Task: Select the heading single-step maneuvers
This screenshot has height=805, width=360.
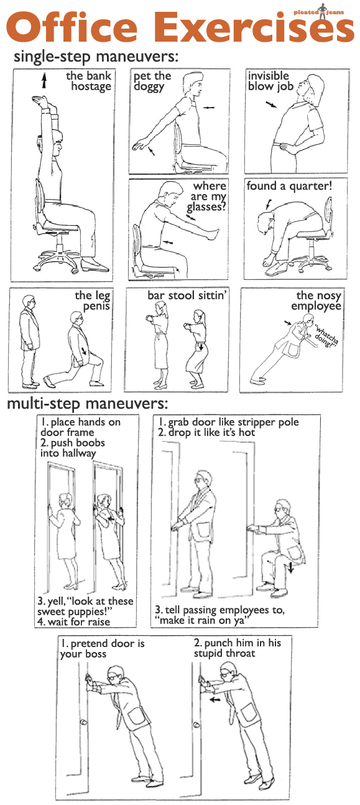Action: coord(96,57)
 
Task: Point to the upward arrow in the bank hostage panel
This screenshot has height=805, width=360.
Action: coord(44,78)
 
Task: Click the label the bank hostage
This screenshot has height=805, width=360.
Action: coord(90,81)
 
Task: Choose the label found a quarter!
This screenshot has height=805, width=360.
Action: coord(289,186)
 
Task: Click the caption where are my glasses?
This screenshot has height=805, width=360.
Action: coord(209,197)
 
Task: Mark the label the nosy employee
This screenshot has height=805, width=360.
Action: coord(318,301)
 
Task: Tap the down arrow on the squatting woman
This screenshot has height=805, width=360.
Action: coord(201,347)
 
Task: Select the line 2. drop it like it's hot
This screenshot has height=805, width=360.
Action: coord(206,432)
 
